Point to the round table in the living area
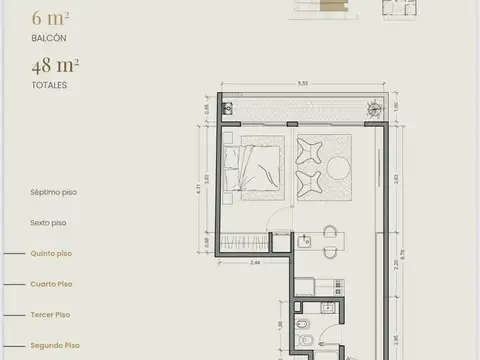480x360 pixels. tap(336, 165)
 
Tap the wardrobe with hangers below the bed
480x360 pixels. tap(246, 242)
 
